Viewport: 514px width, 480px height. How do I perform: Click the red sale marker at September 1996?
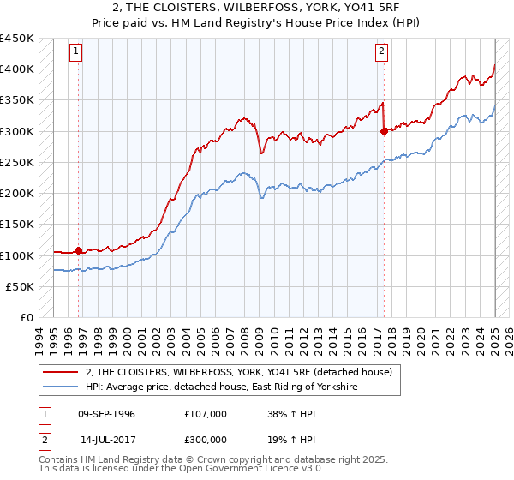click(78, 251)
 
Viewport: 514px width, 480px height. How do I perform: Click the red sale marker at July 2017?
click(383, 131)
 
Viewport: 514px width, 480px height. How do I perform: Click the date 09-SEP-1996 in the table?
click(106, 414)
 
